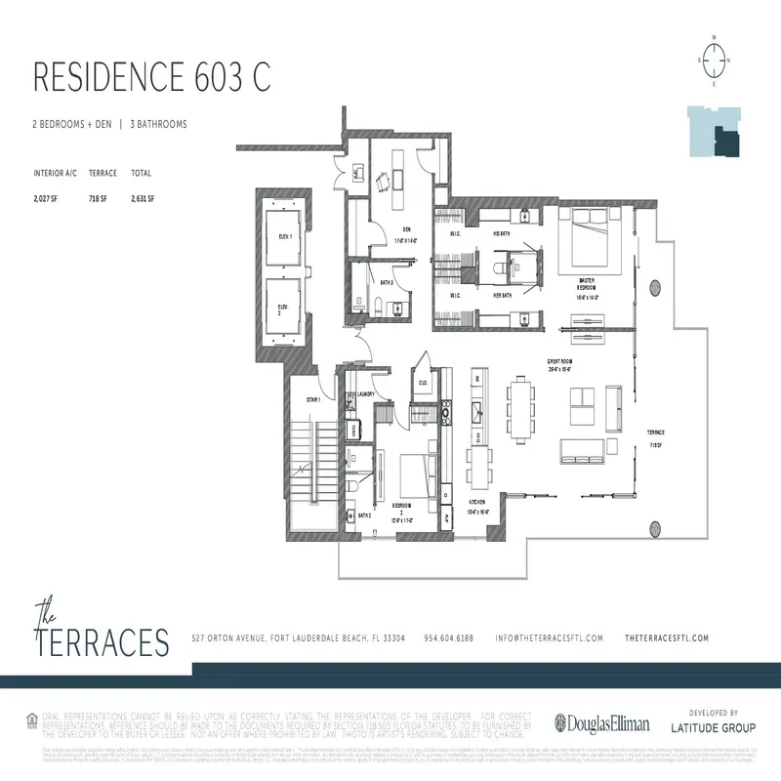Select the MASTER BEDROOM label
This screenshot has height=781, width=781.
click(x=586, y=284)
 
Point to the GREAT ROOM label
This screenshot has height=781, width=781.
click(x=559, y=361)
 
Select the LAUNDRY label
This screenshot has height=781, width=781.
click(x=366, y=393)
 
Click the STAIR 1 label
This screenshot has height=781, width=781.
click(x=313, y=399)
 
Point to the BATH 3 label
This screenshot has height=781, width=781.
click(x=387, y=281)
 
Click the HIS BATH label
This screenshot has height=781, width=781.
click(x=501, y=234)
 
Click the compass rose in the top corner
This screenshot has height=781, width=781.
click(x=715, y=60)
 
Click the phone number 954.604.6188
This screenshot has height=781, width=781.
click(x=448, y=637)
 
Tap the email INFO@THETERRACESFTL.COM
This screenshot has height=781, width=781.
click(x=549, y=637)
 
